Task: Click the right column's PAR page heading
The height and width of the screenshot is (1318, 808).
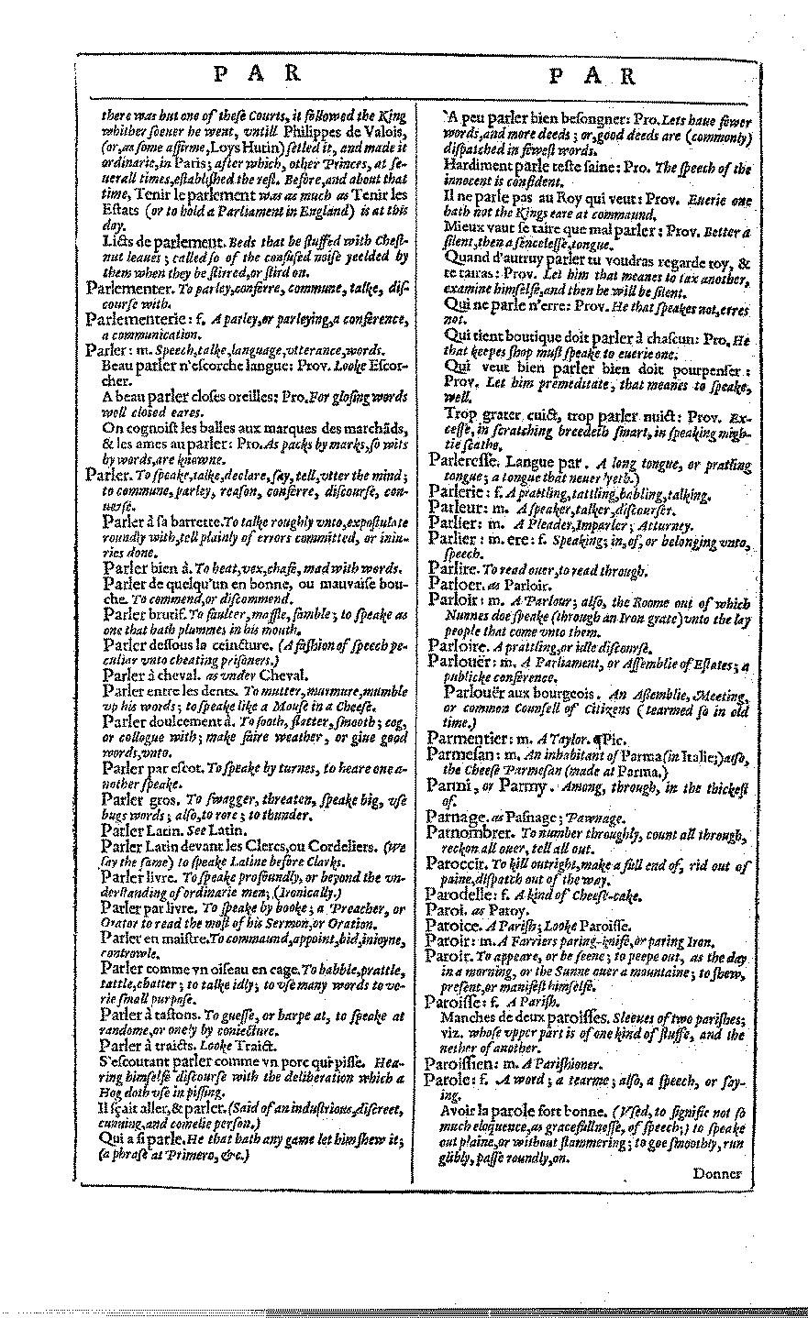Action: click(x=591, y=76)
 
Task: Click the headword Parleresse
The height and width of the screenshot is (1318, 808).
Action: click(x=466, y=464)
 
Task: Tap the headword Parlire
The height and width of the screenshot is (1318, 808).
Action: click(x=451, y=569)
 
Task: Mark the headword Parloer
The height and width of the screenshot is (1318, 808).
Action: click(x=453, y=584)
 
